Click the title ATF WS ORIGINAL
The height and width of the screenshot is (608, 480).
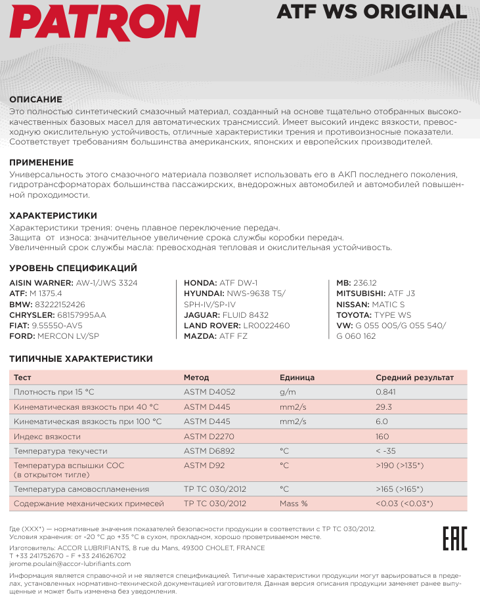coord(372,12)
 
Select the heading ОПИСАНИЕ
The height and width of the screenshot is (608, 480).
coord(35,99)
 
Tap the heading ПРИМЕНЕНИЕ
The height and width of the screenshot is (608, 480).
coord(41,162)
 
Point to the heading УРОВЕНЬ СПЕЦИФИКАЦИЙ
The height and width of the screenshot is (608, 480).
coord(73,268)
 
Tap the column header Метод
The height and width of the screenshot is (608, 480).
coord(196,378)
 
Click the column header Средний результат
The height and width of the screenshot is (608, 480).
coord(414,378)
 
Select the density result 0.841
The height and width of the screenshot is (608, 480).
coord(386,392)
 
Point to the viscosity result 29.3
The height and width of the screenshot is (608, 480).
coord(383,407)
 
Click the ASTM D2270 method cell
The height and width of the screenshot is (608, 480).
coord(209,437)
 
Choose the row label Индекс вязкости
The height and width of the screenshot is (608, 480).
coord(47,437)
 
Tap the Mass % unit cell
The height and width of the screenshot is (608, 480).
coord(294,504)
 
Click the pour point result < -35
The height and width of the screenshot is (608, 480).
coord(386,452)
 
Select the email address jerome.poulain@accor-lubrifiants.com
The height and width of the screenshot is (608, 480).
coord(70,563)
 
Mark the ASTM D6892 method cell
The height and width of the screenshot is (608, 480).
coord(209,452)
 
